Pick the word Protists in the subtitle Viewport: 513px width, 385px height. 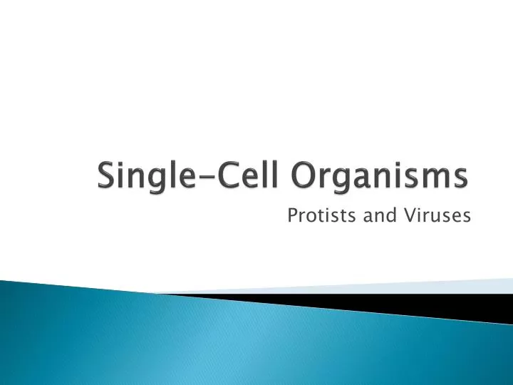point(313,215)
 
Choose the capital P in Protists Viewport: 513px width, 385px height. point(291,215)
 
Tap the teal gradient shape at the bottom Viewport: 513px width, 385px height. point(214,342)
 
